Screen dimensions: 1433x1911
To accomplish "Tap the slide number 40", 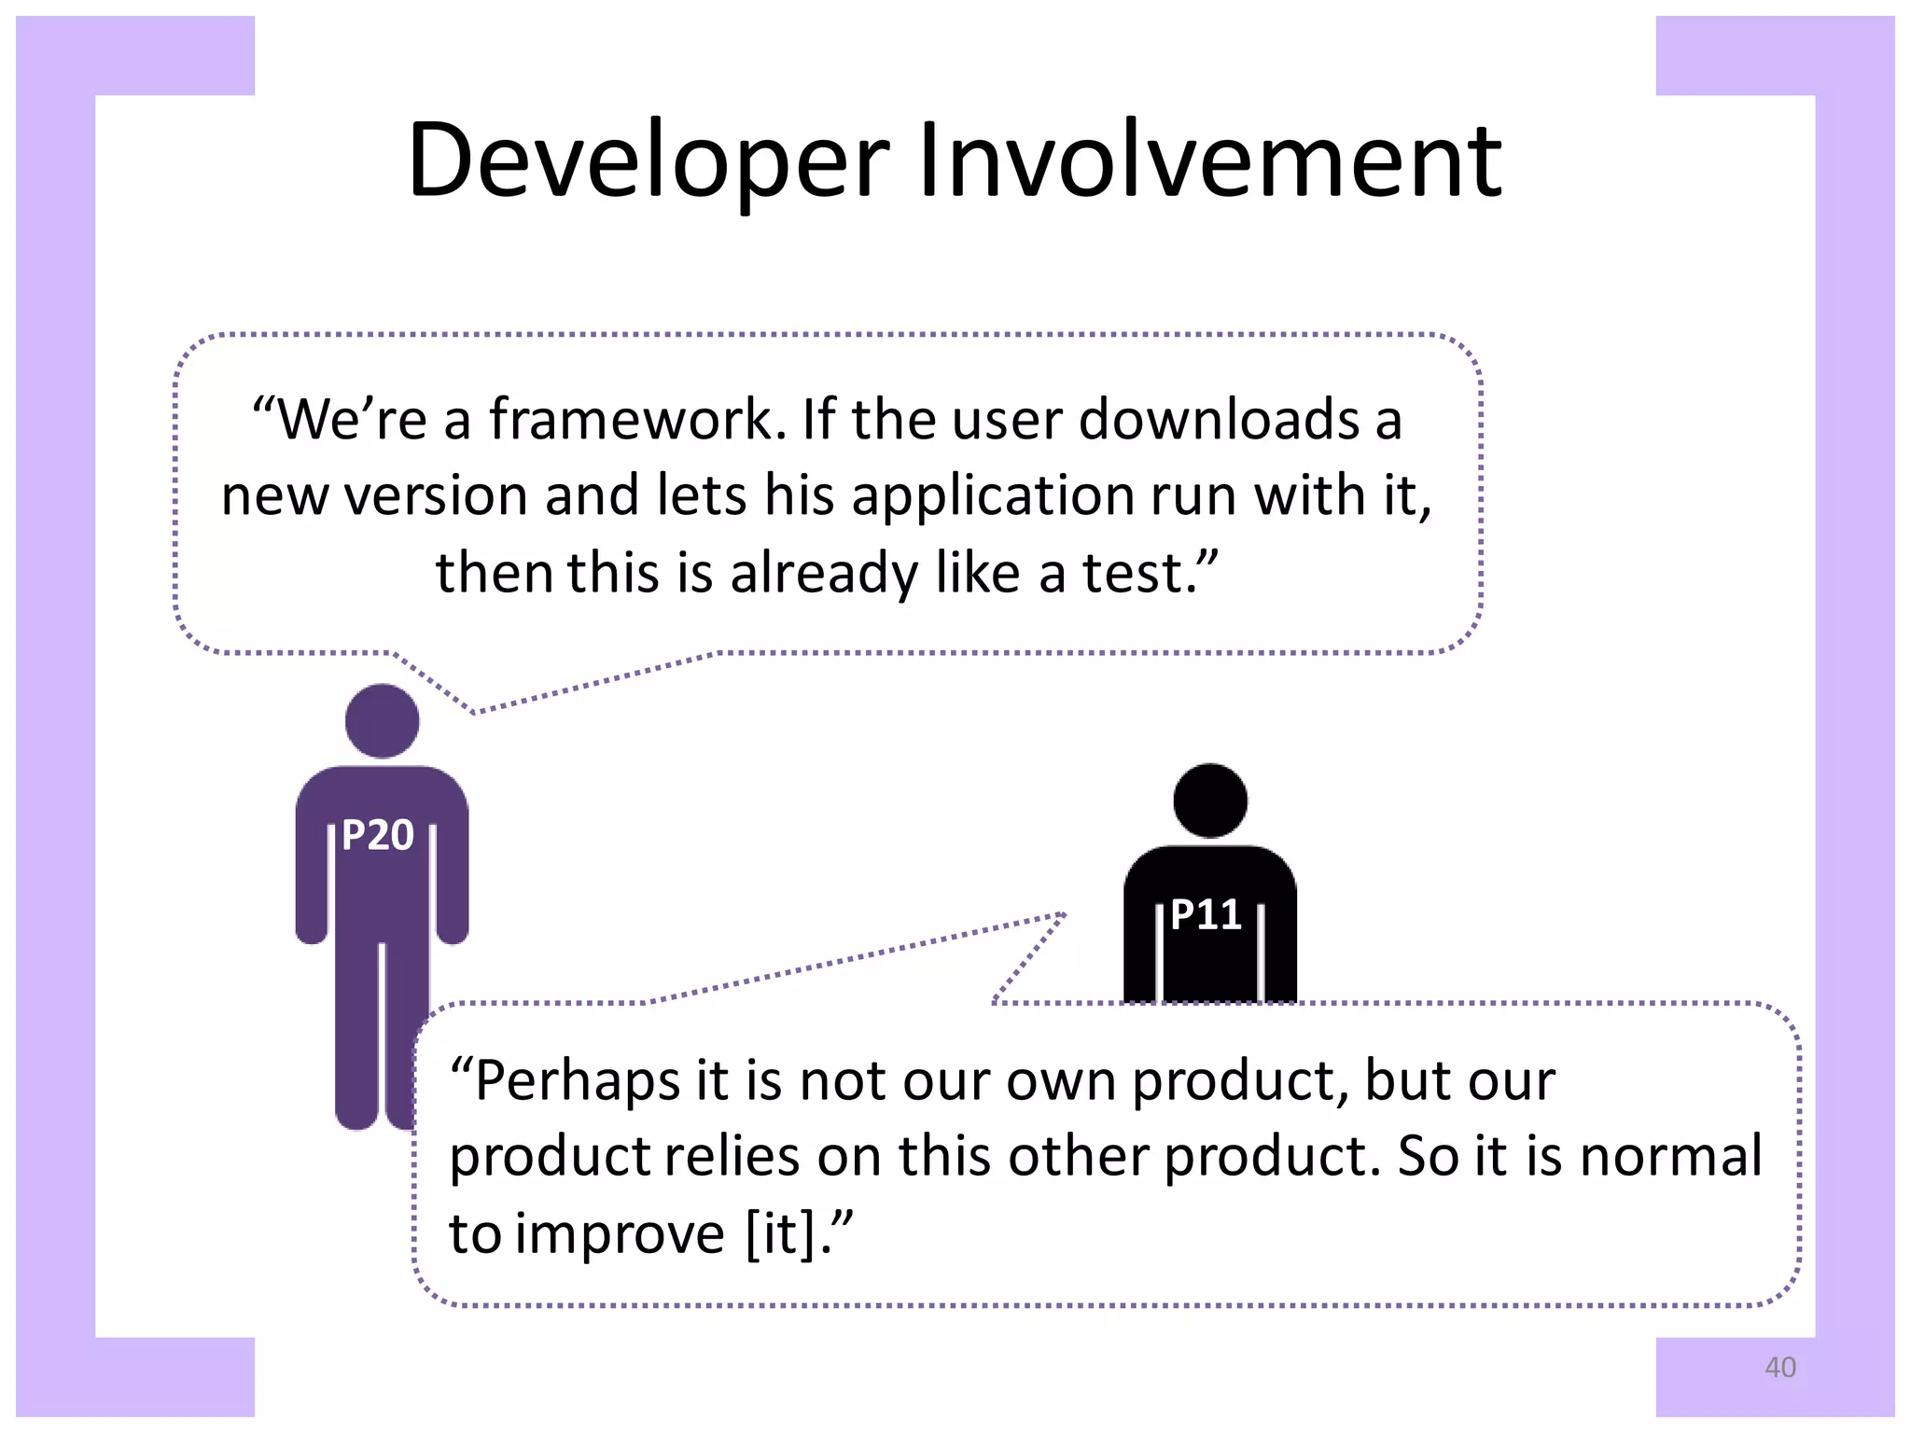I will tap(1779, 1368).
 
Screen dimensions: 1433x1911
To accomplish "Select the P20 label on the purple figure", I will tap(377, 835).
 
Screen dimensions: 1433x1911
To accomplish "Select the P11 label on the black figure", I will tap(1206, 914).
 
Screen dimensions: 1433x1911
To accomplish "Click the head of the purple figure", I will tap(382, 720).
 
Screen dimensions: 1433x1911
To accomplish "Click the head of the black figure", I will tap(1210, 800).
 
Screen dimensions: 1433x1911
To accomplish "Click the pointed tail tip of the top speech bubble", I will tap(474, 713).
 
